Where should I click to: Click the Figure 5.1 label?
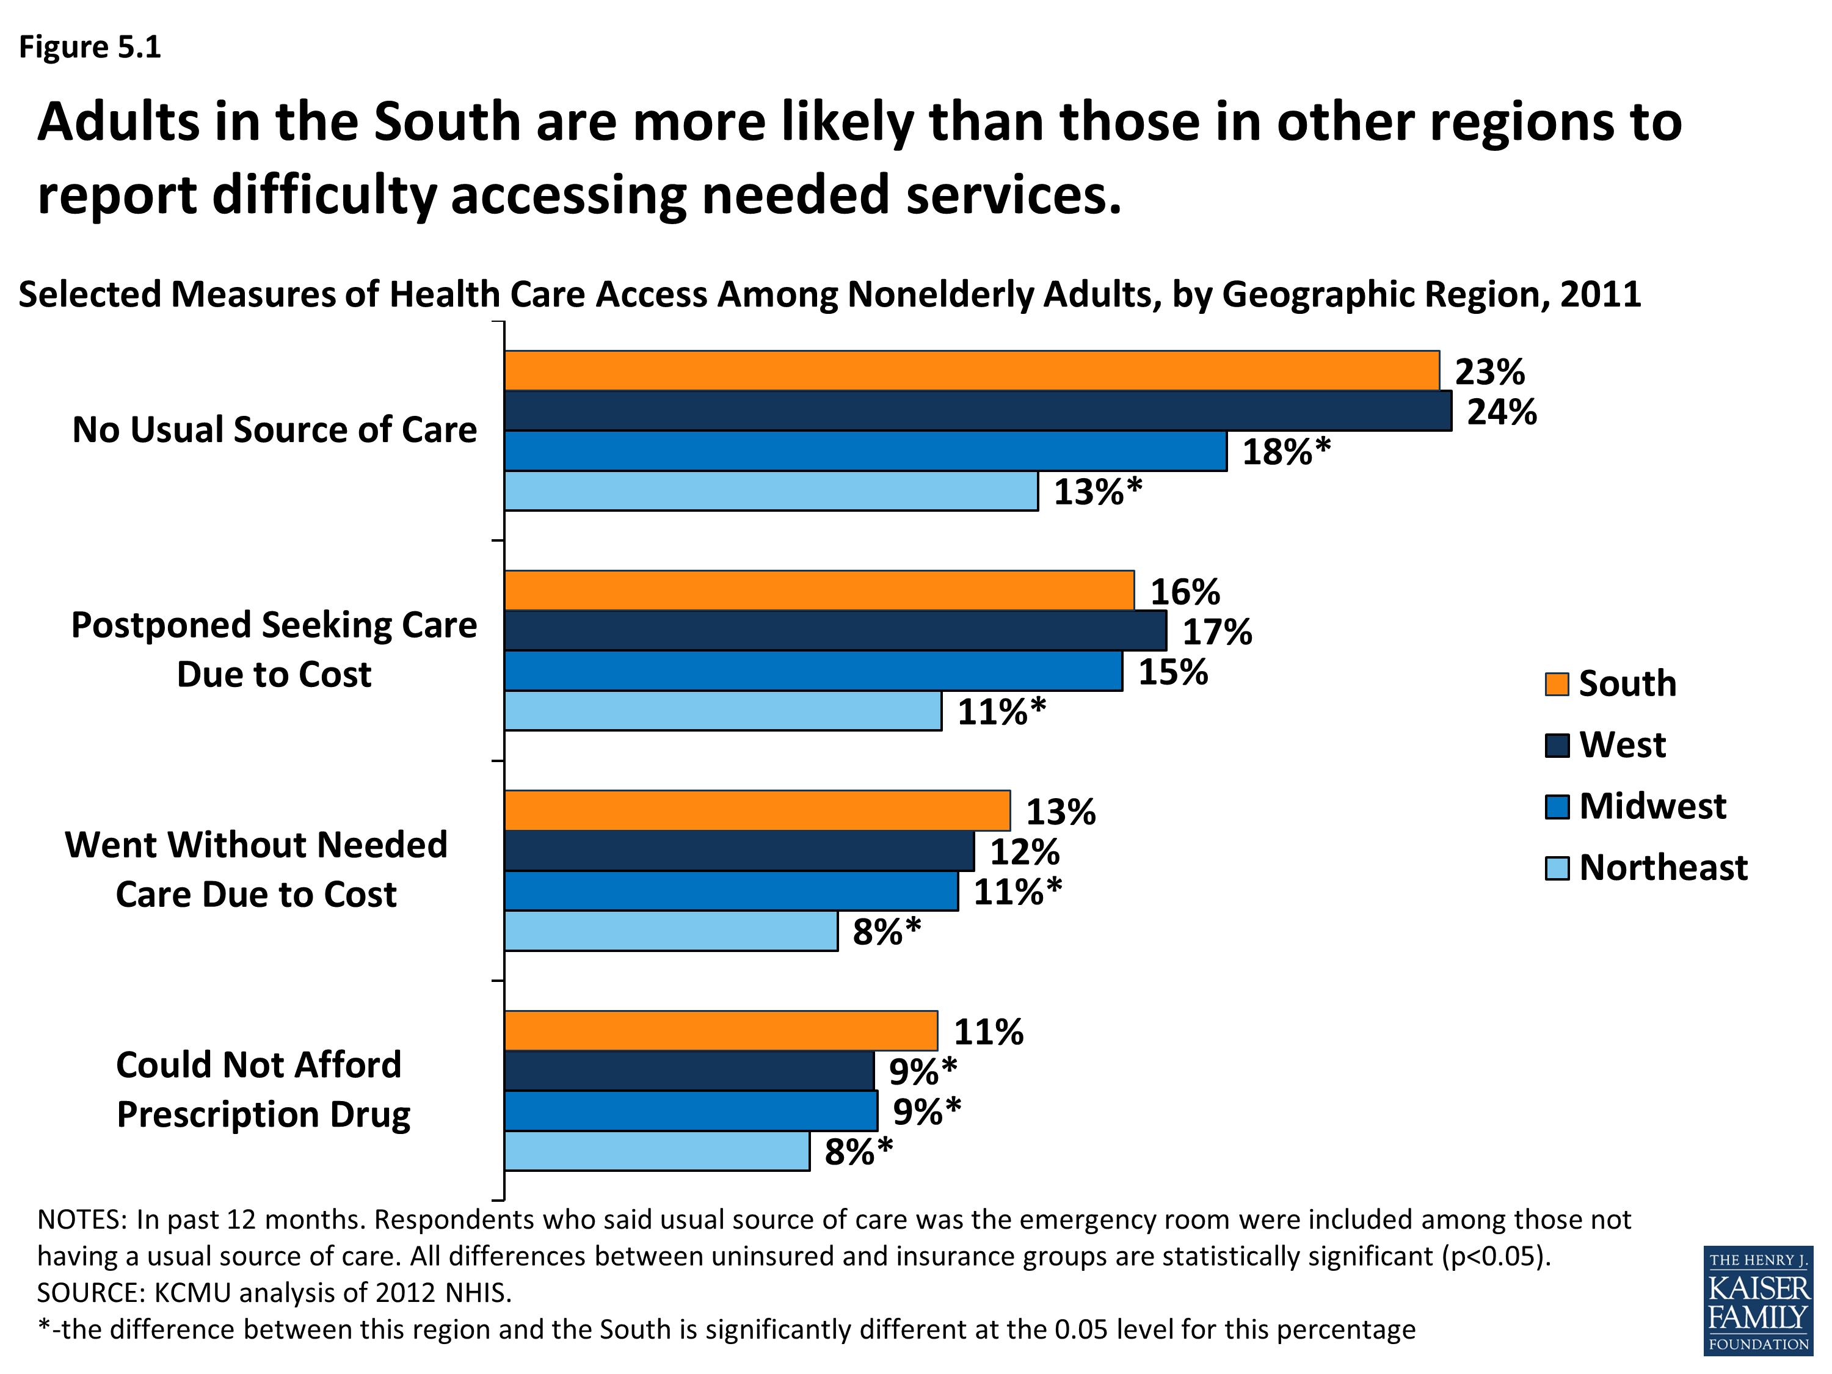[x=89, y=47]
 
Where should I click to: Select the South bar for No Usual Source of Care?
[x=972, y=370]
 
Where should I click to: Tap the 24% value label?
[x=1502, y=412]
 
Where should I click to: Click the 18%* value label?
[x=1286, y=451]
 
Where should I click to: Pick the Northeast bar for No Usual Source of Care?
[x=771, y=491]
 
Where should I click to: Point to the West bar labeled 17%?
[x=835, y=630]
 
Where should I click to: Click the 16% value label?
[x=1184, y=591]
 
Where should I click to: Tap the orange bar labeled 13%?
[x=757, y=810]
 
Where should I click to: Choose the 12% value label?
[x=1025, y=851]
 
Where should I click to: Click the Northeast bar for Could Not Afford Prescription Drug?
[x=656, y=1150]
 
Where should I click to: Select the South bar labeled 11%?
[x=721, y=1030]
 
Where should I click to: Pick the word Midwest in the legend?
[x=1652, y=806]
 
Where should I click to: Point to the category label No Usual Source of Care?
[x=274, y=430]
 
